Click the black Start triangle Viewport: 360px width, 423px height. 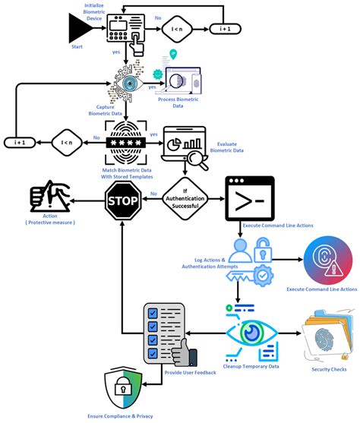click(79, 30)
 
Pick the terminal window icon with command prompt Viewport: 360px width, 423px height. click(247, 199)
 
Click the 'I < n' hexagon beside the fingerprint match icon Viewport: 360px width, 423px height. click(66, 142)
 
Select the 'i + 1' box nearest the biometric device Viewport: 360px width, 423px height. click(226, 30)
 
